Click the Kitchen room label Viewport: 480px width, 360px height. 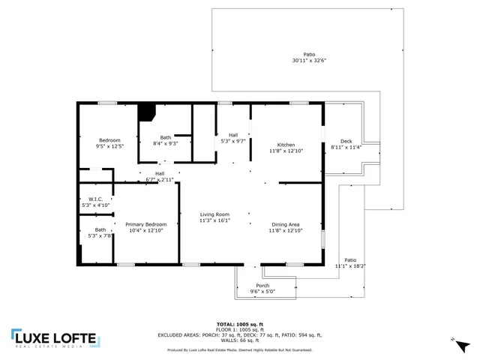point(286,145)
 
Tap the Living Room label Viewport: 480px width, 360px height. point(214,214)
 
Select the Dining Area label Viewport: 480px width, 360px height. point(286,224)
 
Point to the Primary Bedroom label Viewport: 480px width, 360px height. point(145,224)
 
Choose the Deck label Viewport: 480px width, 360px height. point(346,141)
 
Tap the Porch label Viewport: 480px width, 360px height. point(262,285)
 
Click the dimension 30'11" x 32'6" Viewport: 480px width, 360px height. point(309,61)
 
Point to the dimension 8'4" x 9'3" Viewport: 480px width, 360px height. point(165,143)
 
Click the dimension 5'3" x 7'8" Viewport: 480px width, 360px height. point(100,236)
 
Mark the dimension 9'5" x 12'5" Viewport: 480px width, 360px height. point(109,146)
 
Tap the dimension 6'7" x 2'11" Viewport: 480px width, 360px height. point(160,180)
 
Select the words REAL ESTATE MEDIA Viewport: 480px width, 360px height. point(54,347)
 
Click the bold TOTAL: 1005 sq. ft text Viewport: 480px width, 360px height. point(240,323)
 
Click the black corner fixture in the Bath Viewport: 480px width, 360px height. point(145,111)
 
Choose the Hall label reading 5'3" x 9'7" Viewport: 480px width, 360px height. point(233,141)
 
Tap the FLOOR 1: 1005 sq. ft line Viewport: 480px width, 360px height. point(240,329)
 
